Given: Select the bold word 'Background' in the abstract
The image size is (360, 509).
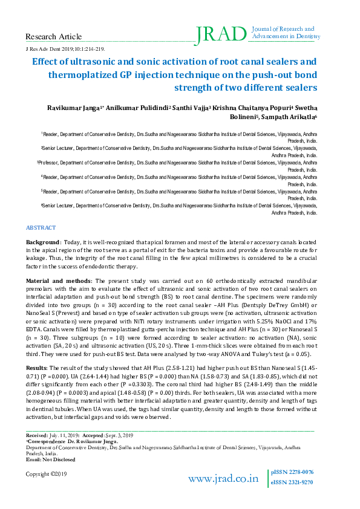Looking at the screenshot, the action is click(x=42, y=241).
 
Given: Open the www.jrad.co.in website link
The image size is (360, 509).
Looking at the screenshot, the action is click(x=223, y=479).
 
